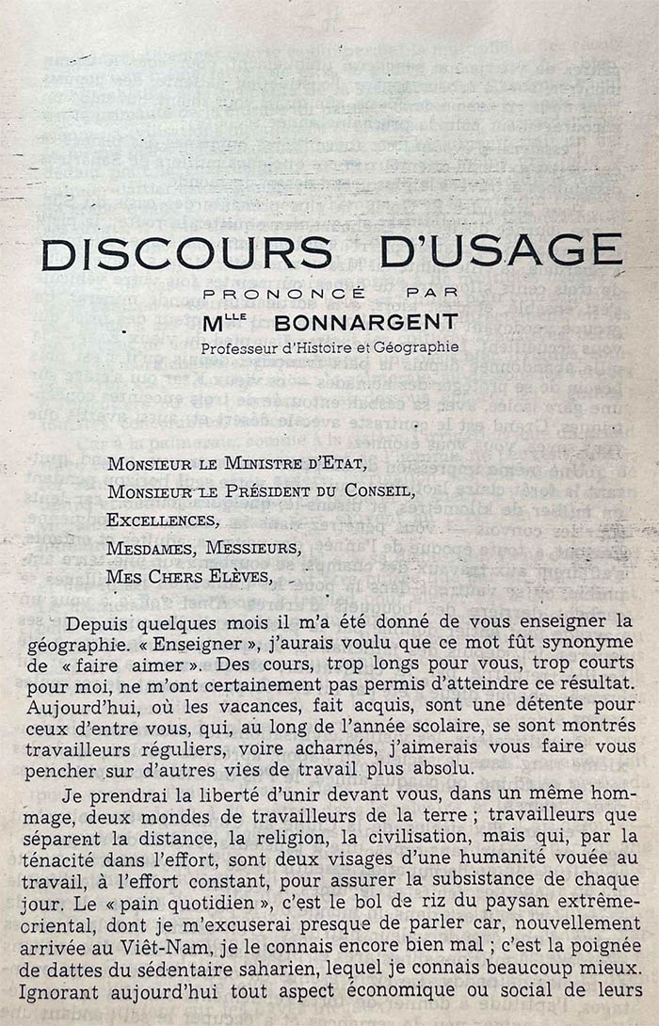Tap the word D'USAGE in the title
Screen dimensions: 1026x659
(x=500, y=251)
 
